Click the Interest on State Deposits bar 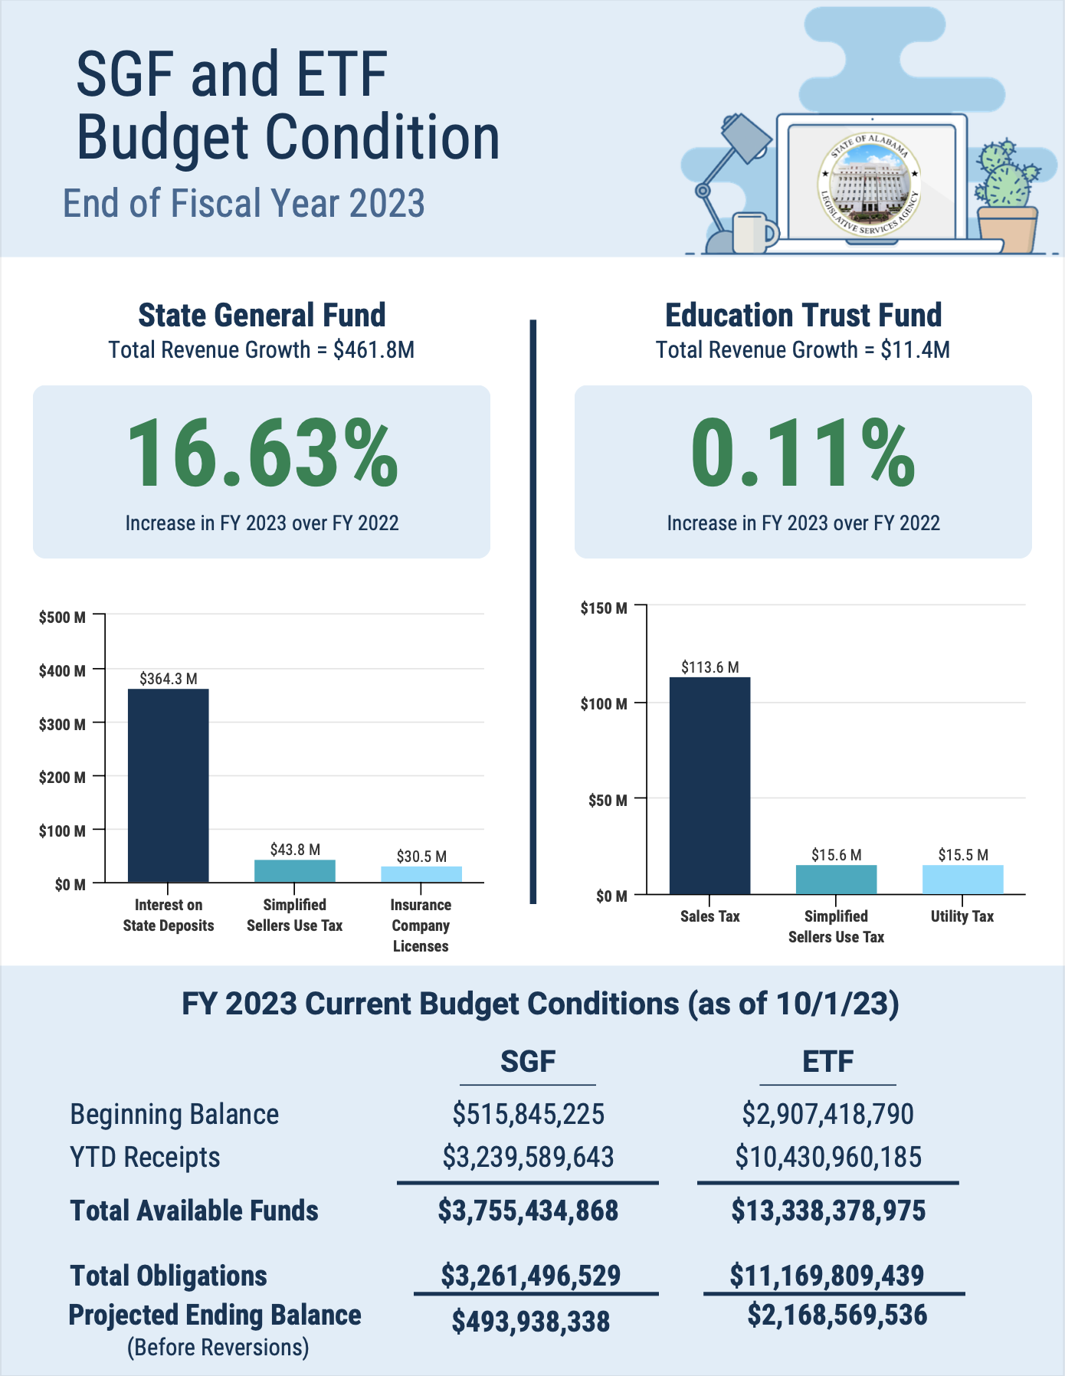click(x=168, y=785)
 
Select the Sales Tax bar click(x=709, y=785)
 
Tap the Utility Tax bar click(x=962, y=880)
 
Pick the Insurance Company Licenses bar click(x=421, y=874)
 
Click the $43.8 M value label click(x=295, y=850)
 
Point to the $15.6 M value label click(x=837, y=855)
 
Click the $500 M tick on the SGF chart click(x=62, y=618)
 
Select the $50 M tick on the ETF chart click(x=608, y=801)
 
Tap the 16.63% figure click(x=262, y=454)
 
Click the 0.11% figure click(x=803, y=454)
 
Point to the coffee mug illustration click(x=754, y=233)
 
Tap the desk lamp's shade click(x=745, y=141)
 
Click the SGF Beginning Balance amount click(x=528, y=1114)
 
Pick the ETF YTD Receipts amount click(x=828, y=1157)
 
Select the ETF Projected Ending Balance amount click(x=837, y=1315)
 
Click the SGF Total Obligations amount click(x=530, y=1275)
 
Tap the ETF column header click(x=828, y=1062)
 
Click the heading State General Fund click(x=262, y=315)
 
